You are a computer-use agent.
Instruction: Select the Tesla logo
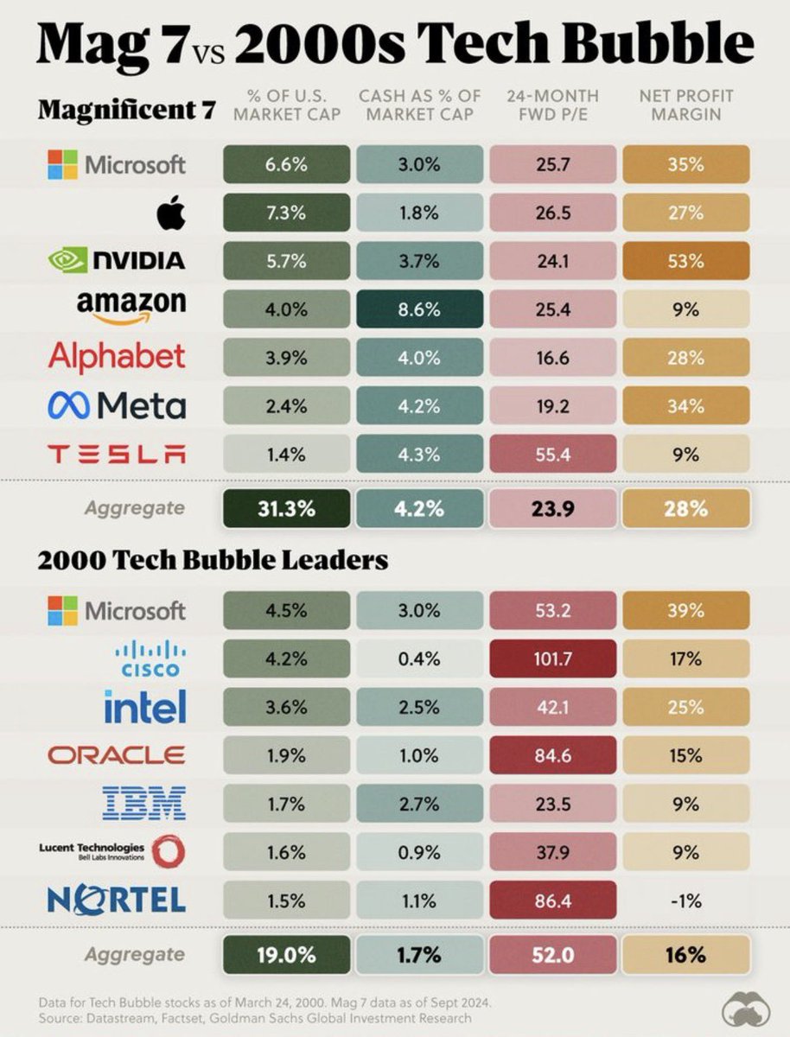(117, 453)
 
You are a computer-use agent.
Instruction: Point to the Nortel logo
(118, 900)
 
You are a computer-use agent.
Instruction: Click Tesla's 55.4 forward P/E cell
(553, 453)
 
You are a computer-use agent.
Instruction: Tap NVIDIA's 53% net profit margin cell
(685, 259)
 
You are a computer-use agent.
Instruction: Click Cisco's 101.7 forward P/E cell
(553, 658)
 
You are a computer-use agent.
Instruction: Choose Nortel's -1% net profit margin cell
(685, 900)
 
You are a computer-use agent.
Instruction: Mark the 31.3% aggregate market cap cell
(288, 508)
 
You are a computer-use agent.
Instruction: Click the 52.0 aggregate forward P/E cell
(553, 954)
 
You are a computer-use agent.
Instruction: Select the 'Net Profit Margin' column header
(685, 105)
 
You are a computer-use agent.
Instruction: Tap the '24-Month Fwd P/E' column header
(553, 105)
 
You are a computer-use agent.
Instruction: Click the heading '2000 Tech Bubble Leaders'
(212, 560)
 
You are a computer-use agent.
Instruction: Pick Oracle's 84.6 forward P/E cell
(553, 754)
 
